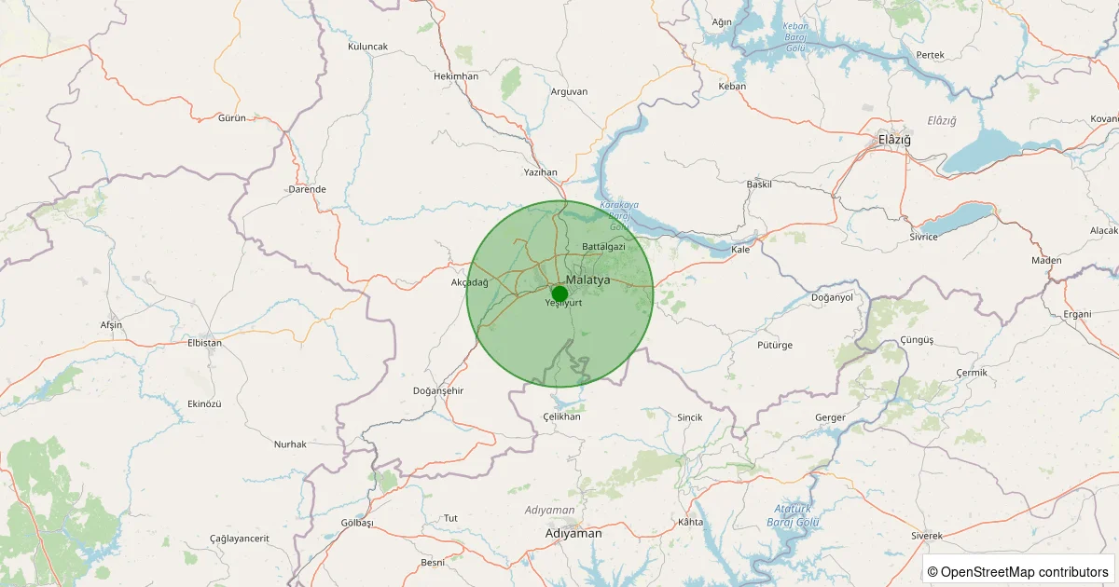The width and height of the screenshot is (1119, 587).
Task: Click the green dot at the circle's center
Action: coord(559,293)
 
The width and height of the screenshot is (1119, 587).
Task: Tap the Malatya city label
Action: coord(587,280)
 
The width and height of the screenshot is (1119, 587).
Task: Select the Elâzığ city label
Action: coord(894,139)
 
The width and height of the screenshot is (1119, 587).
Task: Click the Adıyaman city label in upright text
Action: coord(573,534)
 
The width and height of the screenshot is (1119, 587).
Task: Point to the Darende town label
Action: coord(308,189)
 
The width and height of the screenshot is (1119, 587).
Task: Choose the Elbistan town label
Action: coord(205,343)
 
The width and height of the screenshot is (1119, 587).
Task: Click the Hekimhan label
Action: coord(456,75)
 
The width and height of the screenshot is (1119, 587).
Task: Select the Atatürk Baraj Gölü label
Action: coord(796,514)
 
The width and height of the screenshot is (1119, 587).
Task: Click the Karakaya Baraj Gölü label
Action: coord(619,214)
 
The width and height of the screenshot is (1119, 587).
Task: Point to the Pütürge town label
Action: coord(775,345)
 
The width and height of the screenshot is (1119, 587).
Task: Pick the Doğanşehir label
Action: coord(438,390)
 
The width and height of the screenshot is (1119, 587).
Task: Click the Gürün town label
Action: coord(231,118)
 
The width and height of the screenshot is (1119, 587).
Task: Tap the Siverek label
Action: coord(927,537)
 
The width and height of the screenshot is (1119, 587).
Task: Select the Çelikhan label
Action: coord(561,416)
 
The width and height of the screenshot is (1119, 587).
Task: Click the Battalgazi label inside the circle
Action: coord(603,247)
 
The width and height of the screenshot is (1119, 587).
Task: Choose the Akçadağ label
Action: coord(469,282)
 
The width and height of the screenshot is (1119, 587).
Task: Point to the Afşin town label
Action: coord(111,325)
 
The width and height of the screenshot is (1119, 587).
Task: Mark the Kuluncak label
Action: coord(367,46)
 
